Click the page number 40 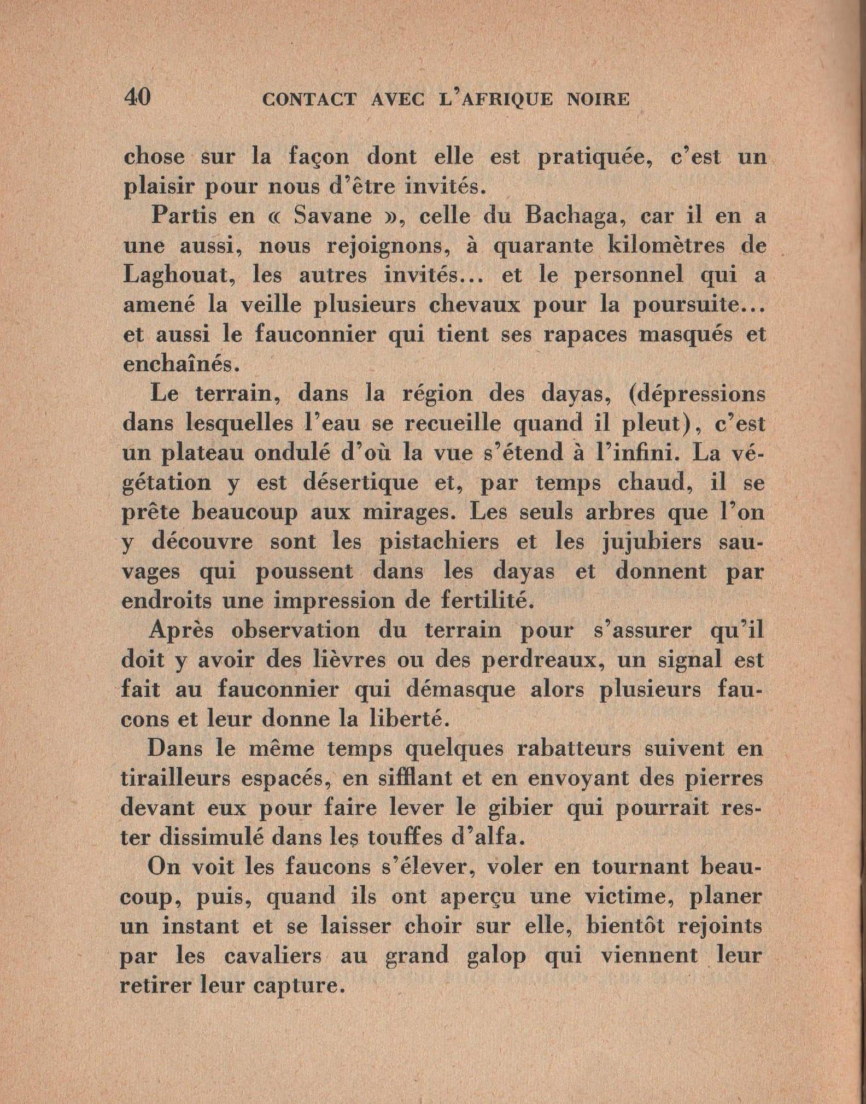(137, 97)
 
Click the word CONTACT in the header (309, 100)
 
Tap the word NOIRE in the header (598, 100)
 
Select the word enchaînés (181, 364)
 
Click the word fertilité (484, 600)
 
